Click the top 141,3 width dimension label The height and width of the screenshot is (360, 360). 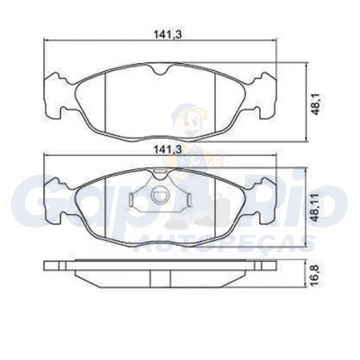click(168, 34)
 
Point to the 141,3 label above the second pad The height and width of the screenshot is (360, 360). click(168, 149)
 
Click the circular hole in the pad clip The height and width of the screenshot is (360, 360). click(159, 195)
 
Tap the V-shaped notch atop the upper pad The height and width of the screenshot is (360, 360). click(158, 69)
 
